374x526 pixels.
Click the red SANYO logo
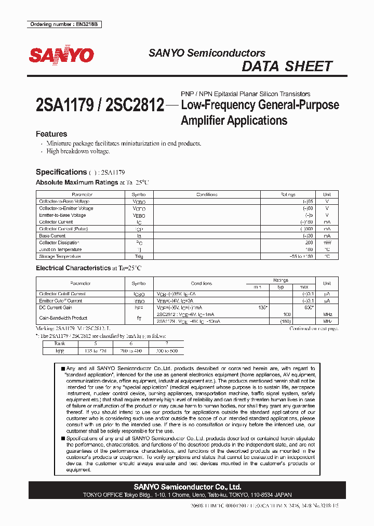click(61, 55)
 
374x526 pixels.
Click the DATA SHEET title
click(287, 67)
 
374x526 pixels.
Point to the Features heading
click(51, 134)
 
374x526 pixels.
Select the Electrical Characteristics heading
click(73, 268)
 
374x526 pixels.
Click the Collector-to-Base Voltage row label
click(64, 202)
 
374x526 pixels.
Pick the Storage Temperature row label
click(60, 256)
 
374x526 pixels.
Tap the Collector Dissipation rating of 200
click(309, 243)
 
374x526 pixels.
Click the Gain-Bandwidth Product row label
click(63, 318)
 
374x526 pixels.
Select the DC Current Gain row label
click(56, 308)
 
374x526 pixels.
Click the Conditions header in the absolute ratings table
click(207, 194)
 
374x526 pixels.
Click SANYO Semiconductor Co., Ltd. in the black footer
click(187, 487)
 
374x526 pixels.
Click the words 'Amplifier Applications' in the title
click(234, 121)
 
